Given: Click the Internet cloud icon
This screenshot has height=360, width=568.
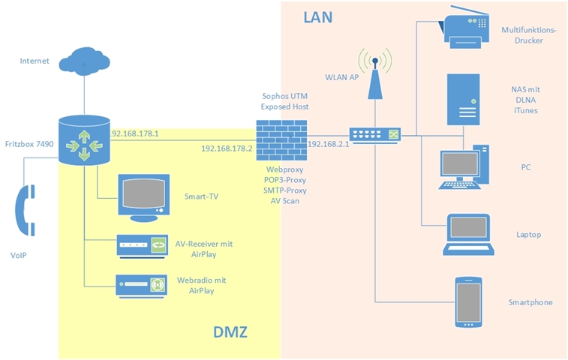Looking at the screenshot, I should coord(84,58).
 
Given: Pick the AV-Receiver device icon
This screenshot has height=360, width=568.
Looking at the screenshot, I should coord(140,246).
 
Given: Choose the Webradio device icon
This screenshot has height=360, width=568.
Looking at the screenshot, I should coord(140,285).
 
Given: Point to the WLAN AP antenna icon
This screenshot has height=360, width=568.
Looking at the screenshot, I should coord(374,73).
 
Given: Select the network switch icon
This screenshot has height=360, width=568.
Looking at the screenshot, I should coord(376,134).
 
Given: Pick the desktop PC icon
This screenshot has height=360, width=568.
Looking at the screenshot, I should coord(464,166).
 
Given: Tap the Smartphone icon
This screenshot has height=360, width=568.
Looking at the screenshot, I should coord(468,302).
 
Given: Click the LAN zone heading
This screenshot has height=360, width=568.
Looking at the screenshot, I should coord(318,16).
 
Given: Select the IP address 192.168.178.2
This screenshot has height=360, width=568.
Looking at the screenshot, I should coord(227,148).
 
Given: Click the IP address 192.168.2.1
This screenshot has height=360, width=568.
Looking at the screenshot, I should coord(329,143).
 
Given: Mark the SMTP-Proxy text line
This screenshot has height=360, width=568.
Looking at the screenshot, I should coord(281,191).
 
